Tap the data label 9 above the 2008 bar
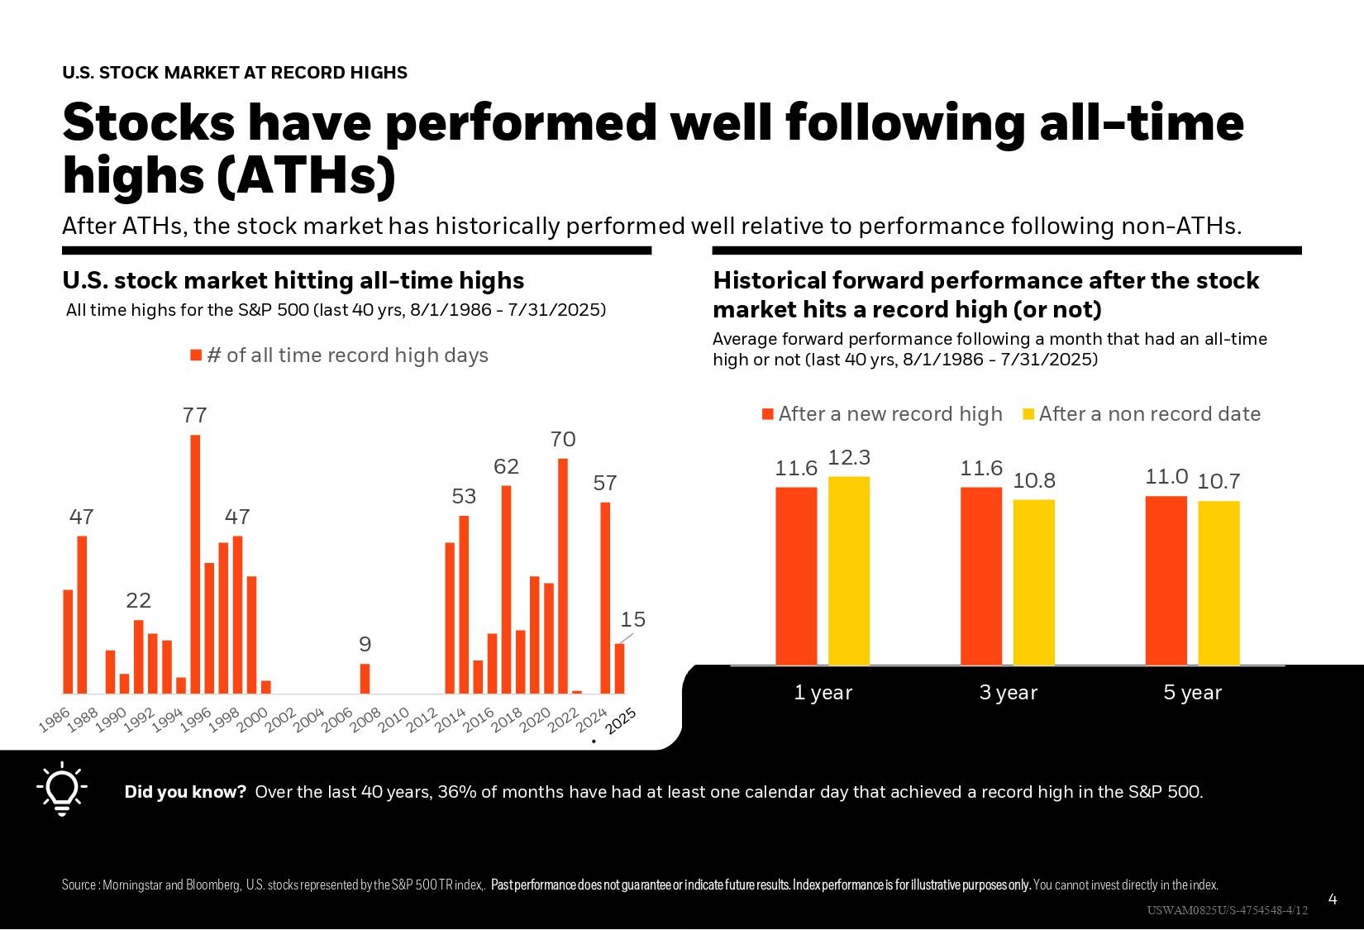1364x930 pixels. coord(365,644)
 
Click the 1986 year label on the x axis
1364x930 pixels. coord(54,720)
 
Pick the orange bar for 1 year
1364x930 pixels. coord(796,576)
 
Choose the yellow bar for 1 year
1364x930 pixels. coord(849,570)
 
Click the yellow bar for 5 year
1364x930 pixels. coord(1219,583)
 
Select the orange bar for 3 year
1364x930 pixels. coord(981,576)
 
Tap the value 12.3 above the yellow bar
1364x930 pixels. coord(849,458)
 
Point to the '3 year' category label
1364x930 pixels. coord(1008,693)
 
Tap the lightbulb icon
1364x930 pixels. coord(61,790)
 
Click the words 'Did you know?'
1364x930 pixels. coord(185,792)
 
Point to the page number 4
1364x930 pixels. coord(1332,899)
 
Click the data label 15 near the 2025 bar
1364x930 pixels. coord(632,619)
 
